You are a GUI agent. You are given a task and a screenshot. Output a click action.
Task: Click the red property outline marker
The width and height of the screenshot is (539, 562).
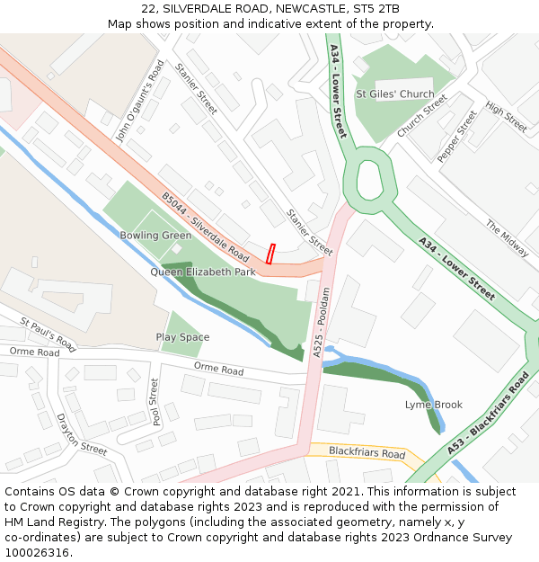tap(270, 254)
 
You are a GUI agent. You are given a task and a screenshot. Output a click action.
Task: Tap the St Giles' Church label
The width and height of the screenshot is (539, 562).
tap(394, 94)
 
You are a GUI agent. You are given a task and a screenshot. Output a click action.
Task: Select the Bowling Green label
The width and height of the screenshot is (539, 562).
tap(155, 236)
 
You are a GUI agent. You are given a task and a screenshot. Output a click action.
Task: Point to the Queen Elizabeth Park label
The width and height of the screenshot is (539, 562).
tap(203, 272)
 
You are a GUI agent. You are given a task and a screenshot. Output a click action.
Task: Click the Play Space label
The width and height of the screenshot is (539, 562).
tap(182, 337)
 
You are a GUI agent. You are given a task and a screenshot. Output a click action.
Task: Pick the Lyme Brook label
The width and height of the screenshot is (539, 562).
tap(433, 405)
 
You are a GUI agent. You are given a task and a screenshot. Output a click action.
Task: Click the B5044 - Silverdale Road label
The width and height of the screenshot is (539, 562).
tap(205, 227)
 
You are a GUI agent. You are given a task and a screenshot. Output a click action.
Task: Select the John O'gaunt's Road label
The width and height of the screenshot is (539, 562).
tap(141, 101)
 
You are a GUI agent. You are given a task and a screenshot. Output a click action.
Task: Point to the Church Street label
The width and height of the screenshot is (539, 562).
tap(422, 116)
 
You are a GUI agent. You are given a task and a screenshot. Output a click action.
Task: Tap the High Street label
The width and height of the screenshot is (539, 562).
tap(506, 116)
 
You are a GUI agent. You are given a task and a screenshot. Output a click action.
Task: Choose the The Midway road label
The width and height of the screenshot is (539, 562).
tap(508, 238)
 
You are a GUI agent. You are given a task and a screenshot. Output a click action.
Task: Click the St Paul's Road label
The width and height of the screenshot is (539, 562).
tap(48, 333)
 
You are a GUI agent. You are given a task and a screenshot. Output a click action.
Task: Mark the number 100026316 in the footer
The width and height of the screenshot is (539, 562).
tap(37, 552)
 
